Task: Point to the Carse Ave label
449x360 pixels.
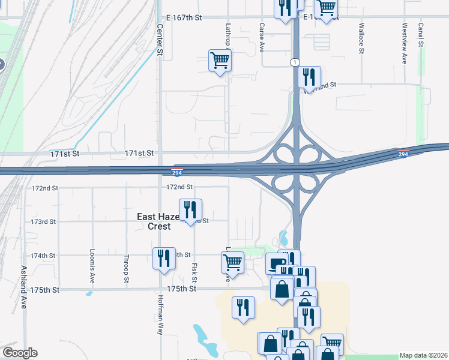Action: [262, 38]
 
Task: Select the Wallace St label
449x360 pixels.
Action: [362, 39]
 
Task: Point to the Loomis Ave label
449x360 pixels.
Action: [92, 266]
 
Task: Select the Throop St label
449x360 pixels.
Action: [127, 268]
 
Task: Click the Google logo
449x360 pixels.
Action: [19, 353]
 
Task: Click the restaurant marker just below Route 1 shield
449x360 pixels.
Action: [309, 77]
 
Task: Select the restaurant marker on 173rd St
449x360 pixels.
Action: [190, 210]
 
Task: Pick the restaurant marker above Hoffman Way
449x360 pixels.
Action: [164, 259]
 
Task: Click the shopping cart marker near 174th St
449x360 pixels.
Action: [232, 262]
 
